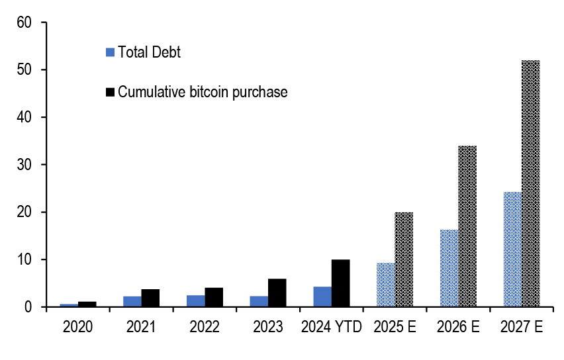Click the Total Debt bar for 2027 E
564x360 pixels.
tap(512, 249)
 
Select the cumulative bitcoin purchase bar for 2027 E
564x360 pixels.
tap(531, 183)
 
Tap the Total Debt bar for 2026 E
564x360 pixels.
tap(449, 268)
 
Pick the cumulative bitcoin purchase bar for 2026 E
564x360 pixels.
tap(467, 226)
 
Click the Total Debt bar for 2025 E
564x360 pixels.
tap(386, 285)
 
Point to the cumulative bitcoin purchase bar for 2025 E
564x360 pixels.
tap(404, 259)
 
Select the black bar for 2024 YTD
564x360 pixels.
tap(340, 283)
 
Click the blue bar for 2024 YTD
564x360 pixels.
tap(322, 296)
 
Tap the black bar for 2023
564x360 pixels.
tap(277, 292)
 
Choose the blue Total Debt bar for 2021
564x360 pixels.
tap(132, 301)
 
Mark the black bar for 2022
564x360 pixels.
tap(214, 297)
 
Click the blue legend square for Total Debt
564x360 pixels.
tap(111, 52)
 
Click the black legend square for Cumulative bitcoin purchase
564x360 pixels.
tap(111, 92)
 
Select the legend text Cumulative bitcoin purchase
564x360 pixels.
tap(203, 92)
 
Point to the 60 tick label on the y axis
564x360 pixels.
tap(24, 22)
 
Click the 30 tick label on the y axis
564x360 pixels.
tap(24, 165)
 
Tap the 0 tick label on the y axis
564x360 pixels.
tap(28, 307)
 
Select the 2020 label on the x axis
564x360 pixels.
tap(78, 327)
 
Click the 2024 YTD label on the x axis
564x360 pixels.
tap(331, 327)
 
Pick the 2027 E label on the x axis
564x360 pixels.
tap(522, 327)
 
